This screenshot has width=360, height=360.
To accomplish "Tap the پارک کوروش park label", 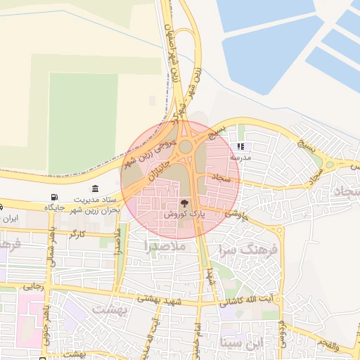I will click(x=184, y=213).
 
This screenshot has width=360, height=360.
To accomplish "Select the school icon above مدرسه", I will click(x=240, y=148).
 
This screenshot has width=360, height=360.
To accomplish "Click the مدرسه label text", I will click(x=241, y=158).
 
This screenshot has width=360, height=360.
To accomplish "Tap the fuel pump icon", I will click(x=54, y=198).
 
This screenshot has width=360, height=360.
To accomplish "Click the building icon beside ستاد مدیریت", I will click(x=95, y=188).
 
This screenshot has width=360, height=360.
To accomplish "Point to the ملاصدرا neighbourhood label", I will click(x=164, y=247).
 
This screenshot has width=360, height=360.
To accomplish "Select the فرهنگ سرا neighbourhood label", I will click(x=250, y=250).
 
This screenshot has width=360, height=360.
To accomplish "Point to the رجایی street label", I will click(x=33, y=286).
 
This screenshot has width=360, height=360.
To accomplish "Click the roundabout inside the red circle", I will click(x=186, y=147).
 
